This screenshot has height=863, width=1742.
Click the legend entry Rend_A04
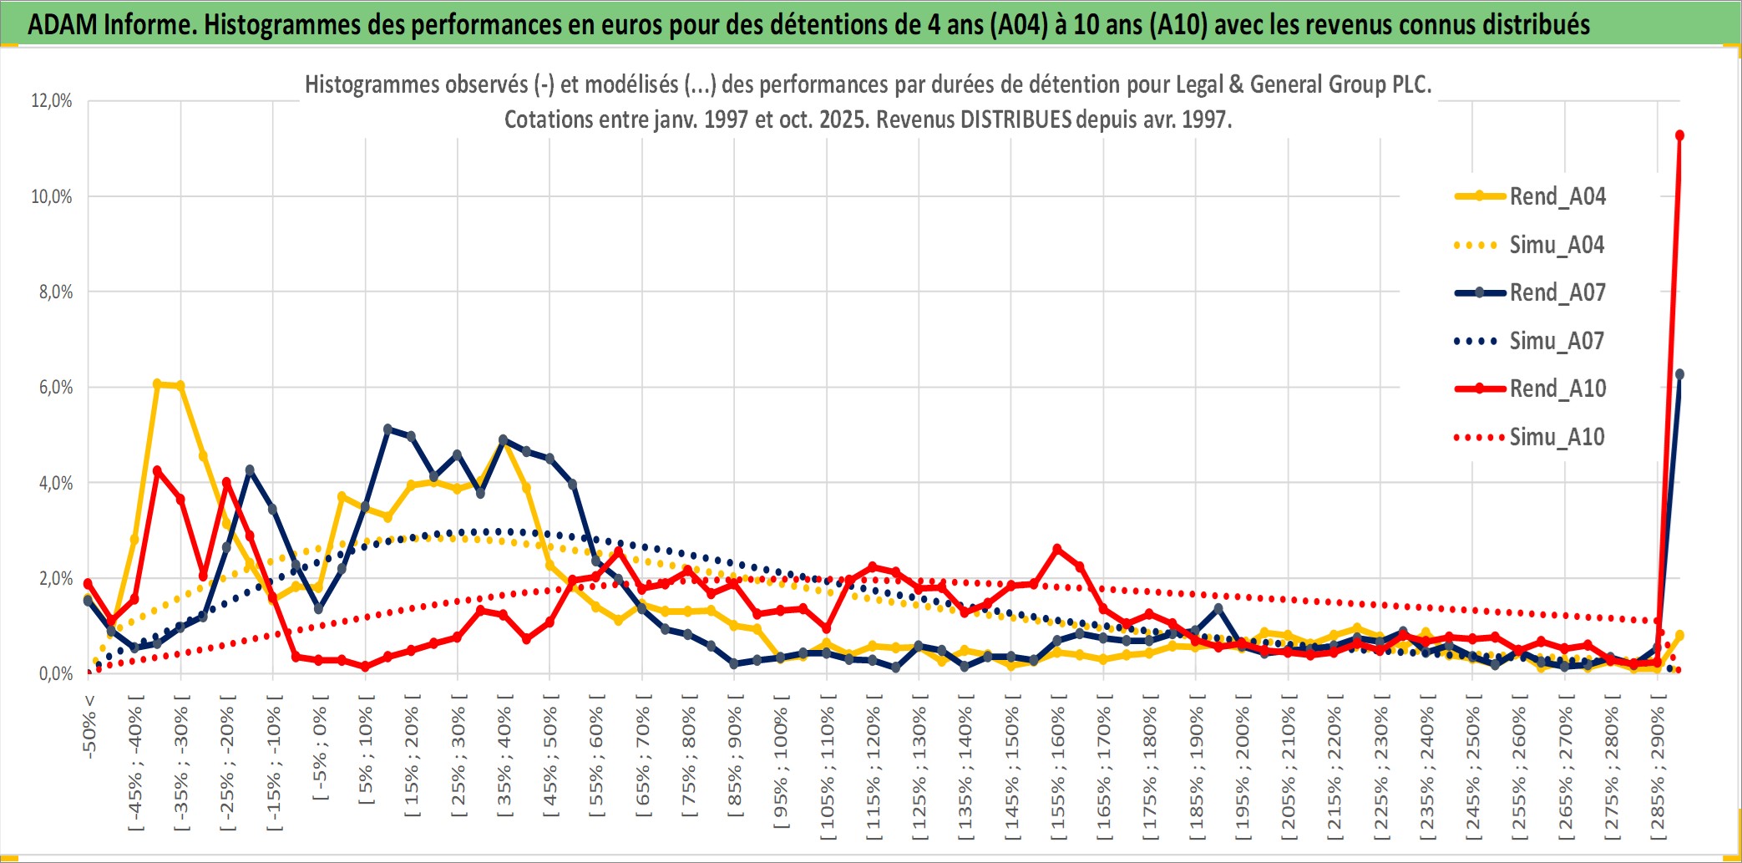tap(1557, 196)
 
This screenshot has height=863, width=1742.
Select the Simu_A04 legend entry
tap(1557, 245)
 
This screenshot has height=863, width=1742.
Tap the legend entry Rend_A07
tap(1557, 292)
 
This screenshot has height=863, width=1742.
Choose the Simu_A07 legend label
tap(1557, 341)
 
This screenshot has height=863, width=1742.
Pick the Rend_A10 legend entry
tap(1557, 388)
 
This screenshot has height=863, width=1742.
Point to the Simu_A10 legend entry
tap(1557, 437)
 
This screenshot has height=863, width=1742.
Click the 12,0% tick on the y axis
tap(52, 101)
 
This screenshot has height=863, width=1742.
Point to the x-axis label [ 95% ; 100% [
tap(781, 767)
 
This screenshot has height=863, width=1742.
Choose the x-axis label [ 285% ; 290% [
tap(1657, 767)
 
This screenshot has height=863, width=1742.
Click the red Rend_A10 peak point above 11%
tap(1679, 135)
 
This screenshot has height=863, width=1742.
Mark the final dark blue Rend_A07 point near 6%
tap(1679, 374)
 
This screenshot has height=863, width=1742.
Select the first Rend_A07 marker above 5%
tap(387, 429)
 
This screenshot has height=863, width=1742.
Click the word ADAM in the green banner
tap(62, 24)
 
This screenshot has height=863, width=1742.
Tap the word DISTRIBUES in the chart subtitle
tap(1015, 119)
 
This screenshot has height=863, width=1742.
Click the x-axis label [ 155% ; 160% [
tap(1057, 767)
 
